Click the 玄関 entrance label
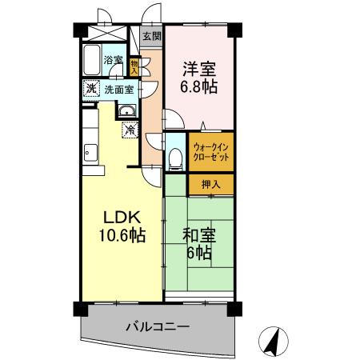click(x=150, y=36)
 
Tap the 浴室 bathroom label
click(x=113, y=60)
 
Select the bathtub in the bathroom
click(x=90, y=58)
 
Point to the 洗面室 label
click(x=119, y=89)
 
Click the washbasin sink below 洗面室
click(x=127, y=111)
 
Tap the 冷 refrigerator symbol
click(x=128, y=127)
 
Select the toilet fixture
click(x=176, y=156)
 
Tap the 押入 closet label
click(x=211, y=183)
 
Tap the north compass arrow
click(x=274, y=342)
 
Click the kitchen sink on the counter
click(x=89, y=150)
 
